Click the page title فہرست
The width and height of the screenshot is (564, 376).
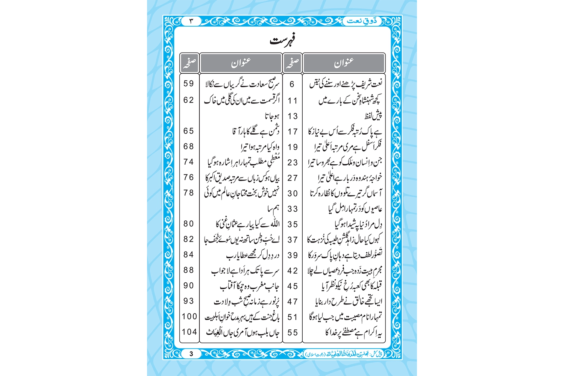pos(282,41)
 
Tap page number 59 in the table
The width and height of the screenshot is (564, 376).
pos(189,83)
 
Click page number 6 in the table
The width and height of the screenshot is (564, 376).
pos(292,84)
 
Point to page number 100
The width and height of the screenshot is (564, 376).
pos(189,316)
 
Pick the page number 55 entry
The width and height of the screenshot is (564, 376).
pos(293,332)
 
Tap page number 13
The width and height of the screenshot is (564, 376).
pos(293,116)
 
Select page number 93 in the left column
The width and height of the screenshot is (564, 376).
pos(189,301)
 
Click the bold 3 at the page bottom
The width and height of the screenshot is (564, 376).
pos(191,353)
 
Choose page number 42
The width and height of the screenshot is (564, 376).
pos(293,271)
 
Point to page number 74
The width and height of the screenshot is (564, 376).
pos(189,162)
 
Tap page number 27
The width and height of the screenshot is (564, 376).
pos(293,178)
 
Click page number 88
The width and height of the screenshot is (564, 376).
pos(189,270)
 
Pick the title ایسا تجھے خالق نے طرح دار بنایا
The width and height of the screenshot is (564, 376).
pos(349,302)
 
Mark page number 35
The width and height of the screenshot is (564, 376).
pos(293,224)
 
